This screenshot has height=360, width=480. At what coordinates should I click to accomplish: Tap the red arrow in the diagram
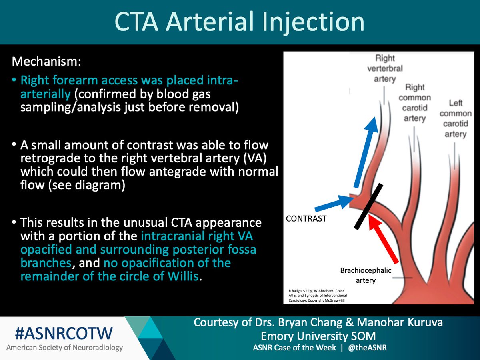(x=384, y=240)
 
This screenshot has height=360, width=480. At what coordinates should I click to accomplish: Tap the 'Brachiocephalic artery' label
(x=366, y=275)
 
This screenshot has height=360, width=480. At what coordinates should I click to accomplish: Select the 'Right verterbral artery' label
(x=385, y=68)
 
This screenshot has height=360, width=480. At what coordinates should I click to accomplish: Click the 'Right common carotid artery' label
(x=414, y=103)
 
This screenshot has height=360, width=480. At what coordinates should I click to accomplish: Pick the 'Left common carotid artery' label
(x=455, y=118)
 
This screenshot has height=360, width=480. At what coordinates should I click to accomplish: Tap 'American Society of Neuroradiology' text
(x=64, y=348)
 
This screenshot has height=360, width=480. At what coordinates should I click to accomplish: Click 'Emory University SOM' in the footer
(x=318, y=336)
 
